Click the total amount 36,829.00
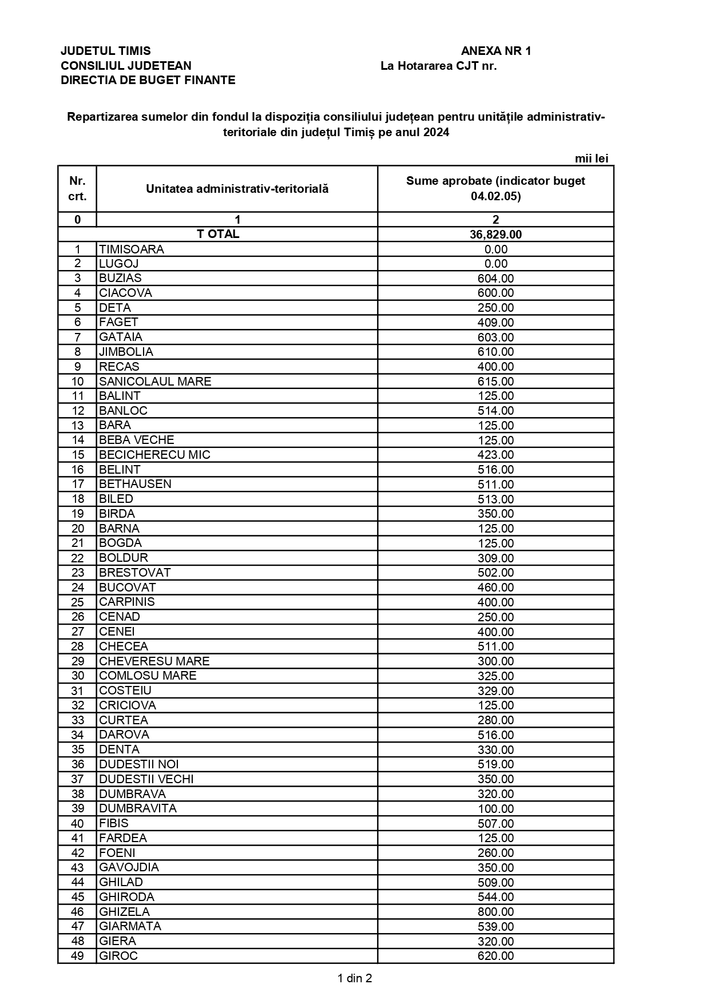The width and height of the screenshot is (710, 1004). tap(495, 235)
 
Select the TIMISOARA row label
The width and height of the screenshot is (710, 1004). tap(132, 249)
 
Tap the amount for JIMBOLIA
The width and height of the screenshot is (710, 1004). tap(495, 352)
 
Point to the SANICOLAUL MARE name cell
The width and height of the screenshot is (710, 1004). tap(155, 382)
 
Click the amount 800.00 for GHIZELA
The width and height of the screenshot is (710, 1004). tap(495, 912)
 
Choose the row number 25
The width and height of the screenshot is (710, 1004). tap(77, 602)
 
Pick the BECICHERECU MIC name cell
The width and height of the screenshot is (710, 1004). tap(154, 455)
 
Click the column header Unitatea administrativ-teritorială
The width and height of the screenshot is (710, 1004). tap(237, 189)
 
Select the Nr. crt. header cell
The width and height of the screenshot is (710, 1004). tap(77, 189)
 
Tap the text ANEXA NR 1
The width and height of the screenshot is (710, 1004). tap(495, 51)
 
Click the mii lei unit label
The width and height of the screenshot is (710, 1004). tap(591, 158)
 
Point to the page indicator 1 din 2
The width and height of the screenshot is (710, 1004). tap(355, 978)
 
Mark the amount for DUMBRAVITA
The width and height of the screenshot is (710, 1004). tap(495, 809)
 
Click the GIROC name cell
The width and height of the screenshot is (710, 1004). tap(118, 956)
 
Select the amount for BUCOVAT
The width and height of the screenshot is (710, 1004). tap(495, 588)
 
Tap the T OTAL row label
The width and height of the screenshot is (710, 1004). tap(218, 234)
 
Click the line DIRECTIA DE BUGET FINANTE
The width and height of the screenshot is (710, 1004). tap(148, 80)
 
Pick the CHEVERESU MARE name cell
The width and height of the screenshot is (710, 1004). tap(154, 661)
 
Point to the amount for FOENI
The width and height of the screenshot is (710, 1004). tap(495, 853)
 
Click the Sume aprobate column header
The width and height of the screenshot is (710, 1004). tap(495, 189)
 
